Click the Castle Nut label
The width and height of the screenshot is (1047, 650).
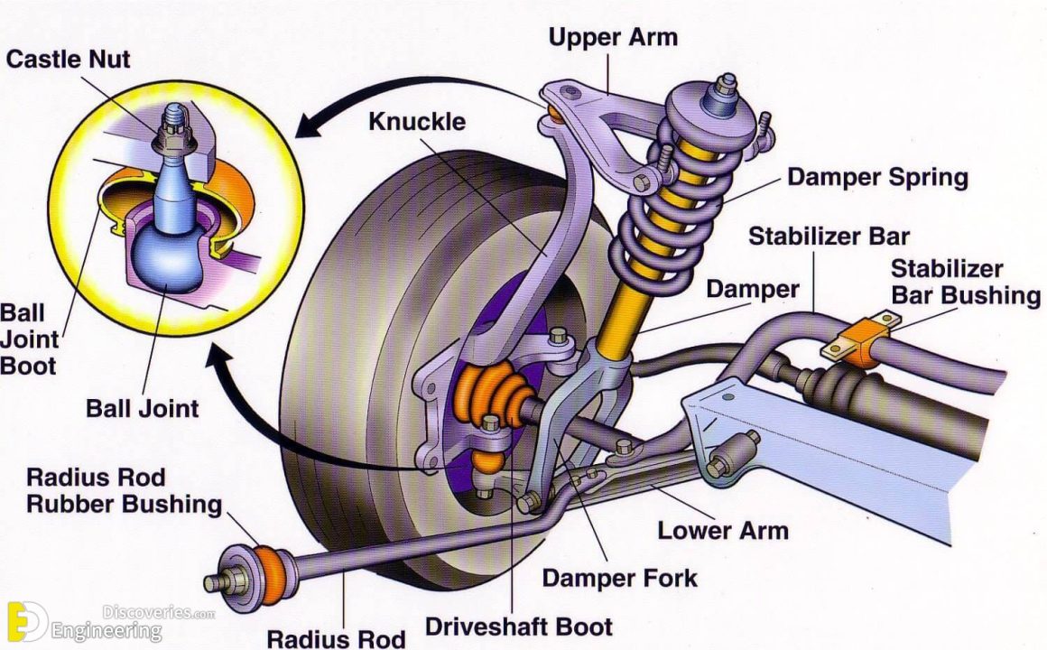click(68, 60)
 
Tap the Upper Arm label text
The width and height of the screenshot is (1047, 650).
click(613, 38)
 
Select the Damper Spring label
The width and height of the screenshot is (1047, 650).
click(877, 176)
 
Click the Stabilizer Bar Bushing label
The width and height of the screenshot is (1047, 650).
click(965, 282)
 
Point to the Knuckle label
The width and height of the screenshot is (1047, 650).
click(417, 121)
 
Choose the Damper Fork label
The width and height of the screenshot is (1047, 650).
click(619, 577)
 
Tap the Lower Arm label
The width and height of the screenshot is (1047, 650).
click(722, 529)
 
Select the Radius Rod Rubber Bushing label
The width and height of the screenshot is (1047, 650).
click(124, 490)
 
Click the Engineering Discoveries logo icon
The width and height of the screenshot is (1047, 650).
click(26, 621)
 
